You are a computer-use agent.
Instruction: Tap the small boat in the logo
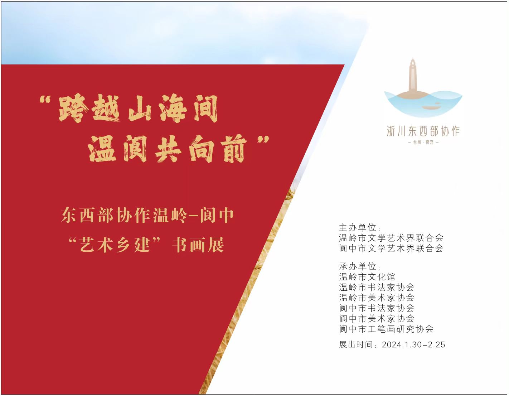coord(431,107)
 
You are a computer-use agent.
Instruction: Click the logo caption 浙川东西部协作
coord(423,131)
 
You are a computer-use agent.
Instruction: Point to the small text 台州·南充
coord(423,142)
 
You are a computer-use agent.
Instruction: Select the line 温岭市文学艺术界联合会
coord(391,238)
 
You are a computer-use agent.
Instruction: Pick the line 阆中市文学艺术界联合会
coord(391,248)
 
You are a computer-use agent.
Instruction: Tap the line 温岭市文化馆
coord(367,277)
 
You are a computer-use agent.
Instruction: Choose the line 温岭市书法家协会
coord(377,287)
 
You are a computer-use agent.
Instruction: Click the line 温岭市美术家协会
coord(377,298)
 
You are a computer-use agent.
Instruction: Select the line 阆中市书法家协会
coord(377,308)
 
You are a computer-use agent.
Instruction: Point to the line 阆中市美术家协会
coord(377,318)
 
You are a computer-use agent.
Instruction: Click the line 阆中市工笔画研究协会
coord(386,329)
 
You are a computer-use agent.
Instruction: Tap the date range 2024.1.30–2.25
coord(413,344)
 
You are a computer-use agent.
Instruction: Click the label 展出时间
coord(356,344)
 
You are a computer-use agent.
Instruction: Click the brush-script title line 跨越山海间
coord(138,108)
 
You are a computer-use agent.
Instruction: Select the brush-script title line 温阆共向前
coord(167,149)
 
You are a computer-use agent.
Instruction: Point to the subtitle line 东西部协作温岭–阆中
coord(147,215)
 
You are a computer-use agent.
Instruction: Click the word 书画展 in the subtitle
coord(198,245)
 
